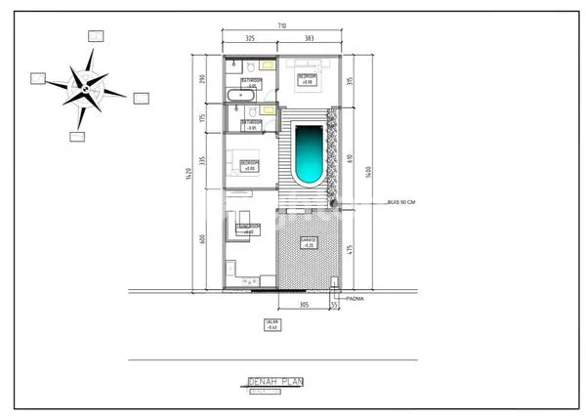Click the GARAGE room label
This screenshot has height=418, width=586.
pos(308,243)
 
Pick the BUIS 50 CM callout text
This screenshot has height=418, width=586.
pos(401,202)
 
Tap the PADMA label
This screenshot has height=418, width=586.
pos(354,299)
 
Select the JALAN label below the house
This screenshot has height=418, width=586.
pos(272,324)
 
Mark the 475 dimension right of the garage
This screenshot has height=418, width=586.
pos(349,249)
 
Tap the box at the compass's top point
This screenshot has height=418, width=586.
pos(96,35)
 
